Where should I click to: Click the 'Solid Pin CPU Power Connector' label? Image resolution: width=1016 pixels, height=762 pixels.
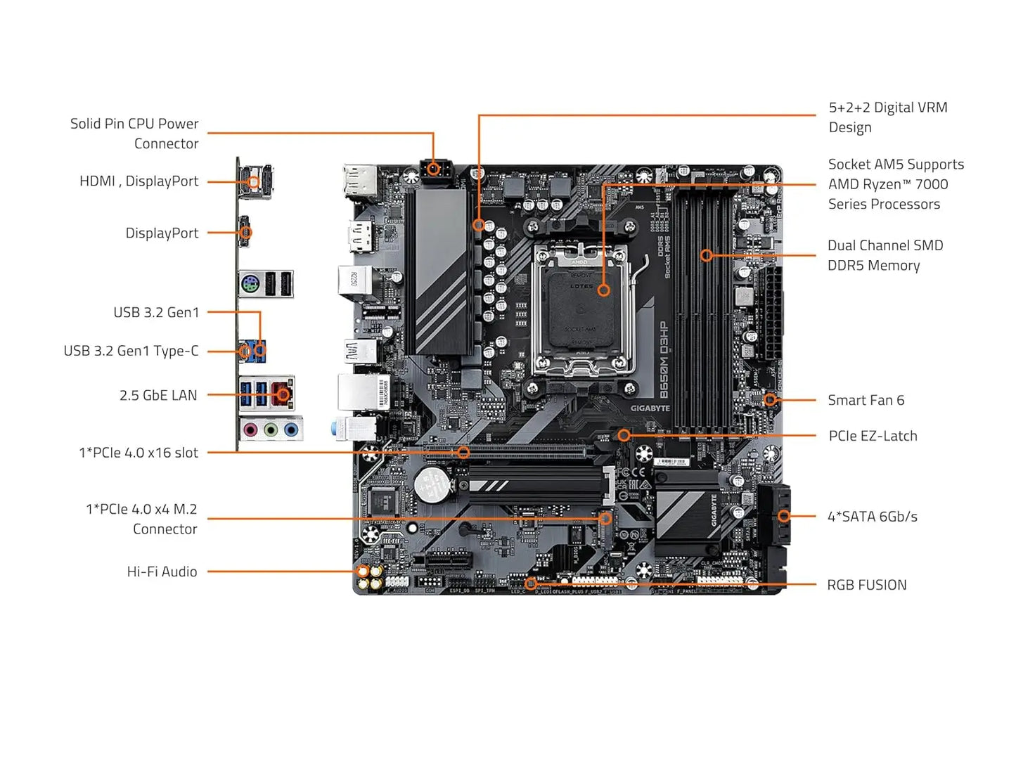point(134,134)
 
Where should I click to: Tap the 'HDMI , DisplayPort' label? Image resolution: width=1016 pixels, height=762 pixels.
point(139,181)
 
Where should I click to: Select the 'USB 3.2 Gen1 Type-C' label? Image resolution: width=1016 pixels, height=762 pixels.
point(131,351)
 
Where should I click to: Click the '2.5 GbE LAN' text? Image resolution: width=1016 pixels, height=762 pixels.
point(158,396)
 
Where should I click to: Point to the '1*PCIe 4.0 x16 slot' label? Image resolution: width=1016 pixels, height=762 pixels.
point(139,453)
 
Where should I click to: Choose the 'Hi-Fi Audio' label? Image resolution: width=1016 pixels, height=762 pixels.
point(162,572)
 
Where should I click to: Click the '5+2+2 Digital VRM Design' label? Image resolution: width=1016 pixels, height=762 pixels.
point(887,117)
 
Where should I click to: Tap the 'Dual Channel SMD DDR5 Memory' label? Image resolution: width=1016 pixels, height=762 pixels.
point(885,255)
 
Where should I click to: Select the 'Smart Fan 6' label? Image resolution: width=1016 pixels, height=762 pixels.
point(866,401)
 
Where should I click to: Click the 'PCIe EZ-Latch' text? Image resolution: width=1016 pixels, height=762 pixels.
point(873,437)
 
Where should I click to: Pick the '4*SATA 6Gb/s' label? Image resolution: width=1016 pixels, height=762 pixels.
point(872,517)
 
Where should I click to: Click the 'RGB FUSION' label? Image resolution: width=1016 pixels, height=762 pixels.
point(866,586)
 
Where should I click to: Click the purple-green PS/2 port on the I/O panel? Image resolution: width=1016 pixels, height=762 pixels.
point(250,285)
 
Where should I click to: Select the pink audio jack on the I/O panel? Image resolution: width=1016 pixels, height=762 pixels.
point(250,430)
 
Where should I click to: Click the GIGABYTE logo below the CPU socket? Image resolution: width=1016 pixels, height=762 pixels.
point(650,408)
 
